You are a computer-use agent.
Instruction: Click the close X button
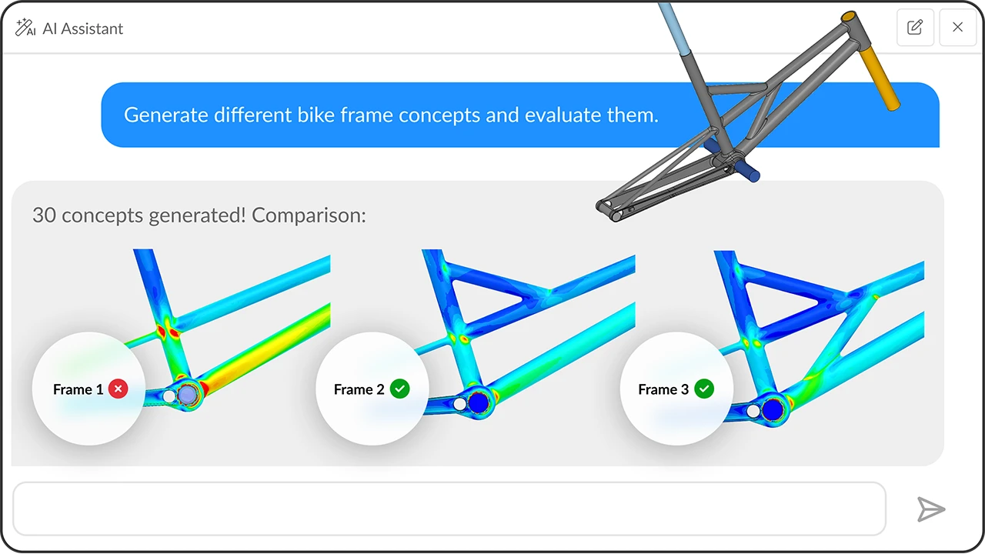pyautogui.click(x=957, y=28)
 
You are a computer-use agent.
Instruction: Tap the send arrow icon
pyautogui.click(x=930, y=509)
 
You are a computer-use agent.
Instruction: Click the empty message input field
pyautogui.click(x=449, y=509)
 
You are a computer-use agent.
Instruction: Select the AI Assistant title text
pyautogui.click(x=83, y=28)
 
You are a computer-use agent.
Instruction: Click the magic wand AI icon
pyautogui.click(x=25, y=28)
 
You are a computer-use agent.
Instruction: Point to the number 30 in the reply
pyautogui.click(x=44, y=215)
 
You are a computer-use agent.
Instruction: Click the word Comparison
pyautogui.click(x=309, y=215)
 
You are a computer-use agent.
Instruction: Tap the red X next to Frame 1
pyautogui.click(x=118, y=389)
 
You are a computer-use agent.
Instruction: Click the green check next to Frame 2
pyautogui.click(x=399, y=389)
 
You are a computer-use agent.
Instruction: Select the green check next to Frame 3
pyautogui.click(x=704, y=389)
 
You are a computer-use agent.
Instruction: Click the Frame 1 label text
pyautogui.click(x=78, y=389)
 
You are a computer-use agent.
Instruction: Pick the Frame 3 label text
pyautogui.click(x=663, y=389)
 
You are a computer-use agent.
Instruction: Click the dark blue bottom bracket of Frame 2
pyautogui.click(x=479, y=401)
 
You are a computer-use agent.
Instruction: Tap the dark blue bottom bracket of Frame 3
pyautogui.click(x=773, y=409)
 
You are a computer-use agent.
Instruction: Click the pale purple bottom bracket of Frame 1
pyautogui.click(x=188, y=395)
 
